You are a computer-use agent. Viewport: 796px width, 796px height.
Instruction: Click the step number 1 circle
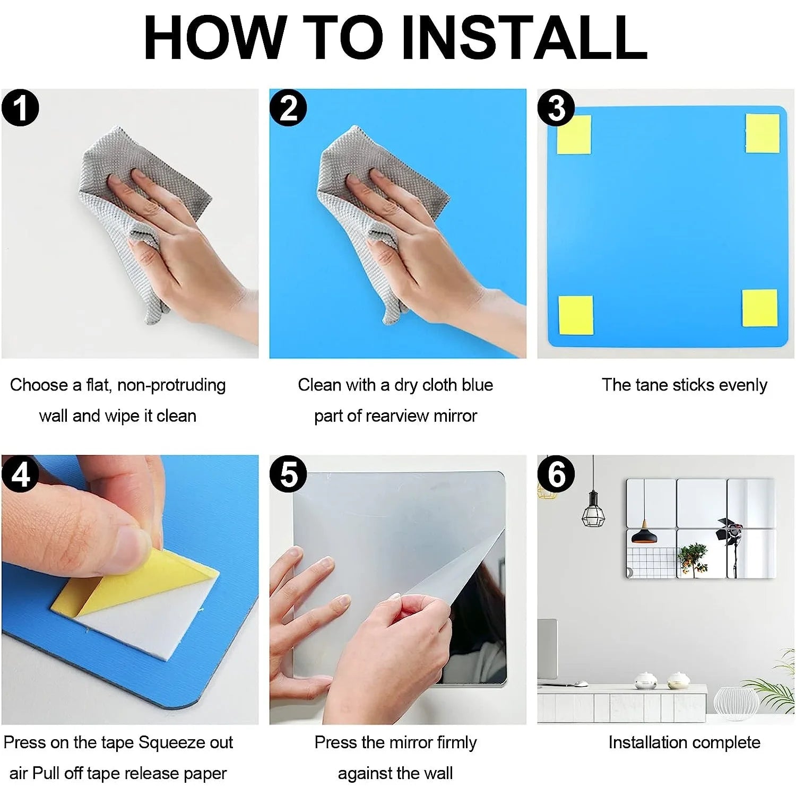tap(21, 108)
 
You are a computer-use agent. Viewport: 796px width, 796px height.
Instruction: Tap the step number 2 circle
tap(289, 108)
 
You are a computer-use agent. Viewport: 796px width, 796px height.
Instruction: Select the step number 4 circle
tap(21, 474)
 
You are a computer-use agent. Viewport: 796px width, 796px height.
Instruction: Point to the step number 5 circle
tap(289, 474)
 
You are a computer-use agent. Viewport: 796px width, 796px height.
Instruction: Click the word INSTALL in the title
tap(524, 38)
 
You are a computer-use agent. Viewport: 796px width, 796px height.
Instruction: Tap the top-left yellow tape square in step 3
tap(574, 135)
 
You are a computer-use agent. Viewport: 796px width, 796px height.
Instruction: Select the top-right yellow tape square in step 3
tap(763, 133)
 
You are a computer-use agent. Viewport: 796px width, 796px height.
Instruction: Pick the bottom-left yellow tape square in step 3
tap(576, 315)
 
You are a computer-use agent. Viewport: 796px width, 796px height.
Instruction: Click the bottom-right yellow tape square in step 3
tap(760, 308)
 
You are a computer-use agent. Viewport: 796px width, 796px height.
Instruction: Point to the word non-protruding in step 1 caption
tap(171, 385)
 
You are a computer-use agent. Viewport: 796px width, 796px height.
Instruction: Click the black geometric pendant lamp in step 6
tap(594, 508)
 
